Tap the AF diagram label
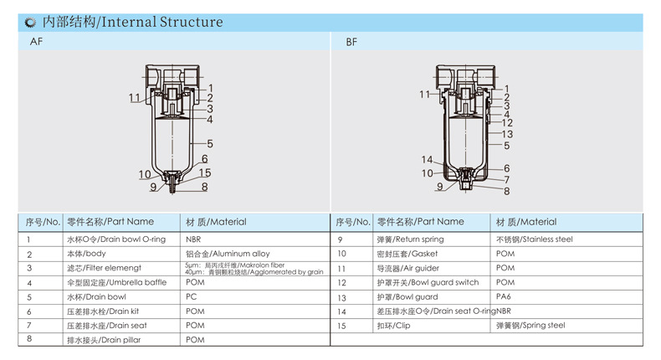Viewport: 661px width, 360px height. (36, 41)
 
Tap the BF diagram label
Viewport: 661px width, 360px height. (351, 41)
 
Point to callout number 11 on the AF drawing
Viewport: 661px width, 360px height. (135, 98)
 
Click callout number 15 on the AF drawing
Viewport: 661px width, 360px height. (205, 172)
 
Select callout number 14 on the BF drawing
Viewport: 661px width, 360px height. (427, 160)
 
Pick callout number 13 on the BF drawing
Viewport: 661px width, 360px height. (507, 134)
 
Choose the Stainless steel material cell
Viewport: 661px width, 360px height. (534, 239)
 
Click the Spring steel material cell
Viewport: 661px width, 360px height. (530, 325)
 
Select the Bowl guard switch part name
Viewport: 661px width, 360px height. (428, 282)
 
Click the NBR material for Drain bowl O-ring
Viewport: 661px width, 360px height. (194, 239)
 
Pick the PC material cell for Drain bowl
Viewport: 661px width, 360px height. (191, 296)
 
